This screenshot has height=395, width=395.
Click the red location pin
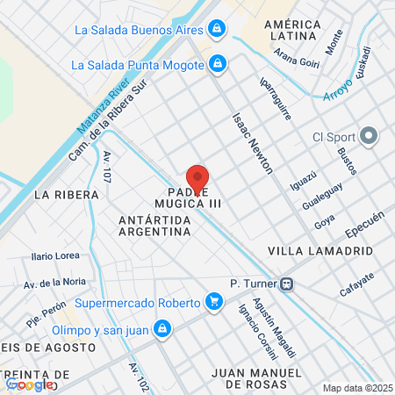[197, 178]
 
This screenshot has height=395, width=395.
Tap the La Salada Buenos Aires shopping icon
[217, 29]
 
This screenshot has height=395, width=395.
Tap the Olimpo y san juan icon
[161, 329]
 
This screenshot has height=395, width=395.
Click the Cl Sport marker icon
[370, 137]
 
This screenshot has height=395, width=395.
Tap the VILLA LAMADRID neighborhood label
[320, 251]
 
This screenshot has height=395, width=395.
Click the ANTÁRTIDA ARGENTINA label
[154, 225]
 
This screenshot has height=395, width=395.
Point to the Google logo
[28, 384]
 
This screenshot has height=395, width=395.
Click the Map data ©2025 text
[357, 388]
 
